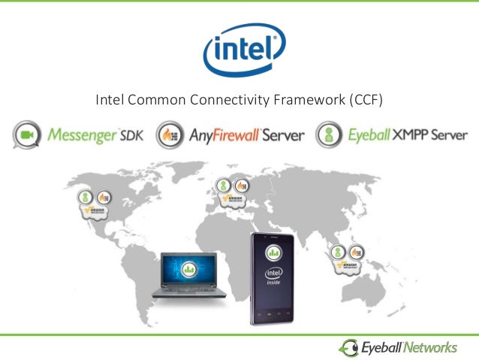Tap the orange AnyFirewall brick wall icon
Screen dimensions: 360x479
coord(170,135)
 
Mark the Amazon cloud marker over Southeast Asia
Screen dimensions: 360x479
coord(349,264)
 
